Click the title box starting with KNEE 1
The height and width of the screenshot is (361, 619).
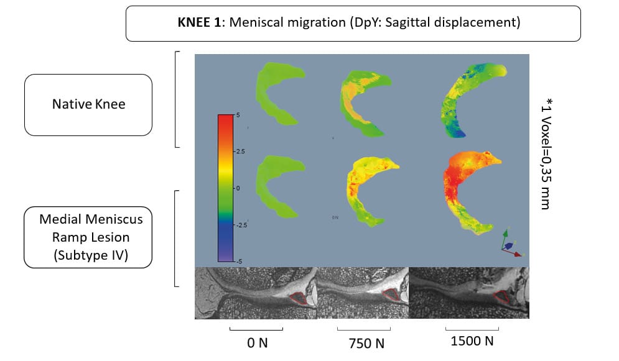[353, 24]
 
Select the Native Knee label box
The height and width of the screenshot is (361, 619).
[88, 104]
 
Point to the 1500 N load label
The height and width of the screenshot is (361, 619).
[472, 341]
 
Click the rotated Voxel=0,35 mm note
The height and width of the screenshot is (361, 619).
[544, 153]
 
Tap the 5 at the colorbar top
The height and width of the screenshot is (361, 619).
[237, 116]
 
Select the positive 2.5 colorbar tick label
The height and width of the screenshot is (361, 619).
[240, 151]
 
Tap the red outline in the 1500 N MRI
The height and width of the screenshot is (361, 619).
[503, 296]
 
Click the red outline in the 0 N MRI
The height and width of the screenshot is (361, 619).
[301, 298]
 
